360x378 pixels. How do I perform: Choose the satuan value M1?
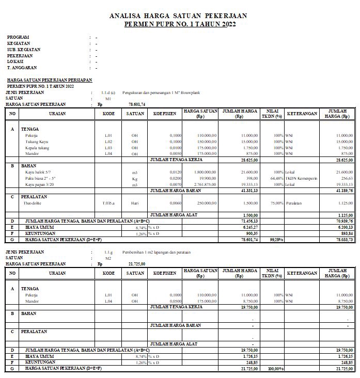pos(108,98)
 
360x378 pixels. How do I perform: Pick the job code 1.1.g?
pos(108,252)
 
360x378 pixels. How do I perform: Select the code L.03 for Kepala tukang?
pos(108,148)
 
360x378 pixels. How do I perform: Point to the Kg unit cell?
pos(134,178)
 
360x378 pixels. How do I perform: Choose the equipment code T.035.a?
pos(108,203)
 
